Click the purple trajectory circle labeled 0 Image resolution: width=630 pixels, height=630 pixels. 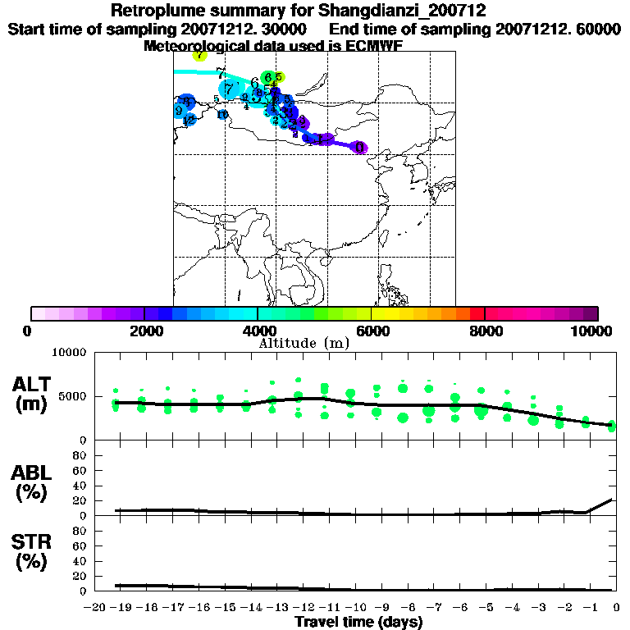359,148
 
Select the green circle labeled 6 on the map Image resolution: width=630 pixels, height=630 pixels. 268,78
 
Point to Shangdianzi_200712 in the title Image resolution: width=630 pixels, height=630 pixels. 409,11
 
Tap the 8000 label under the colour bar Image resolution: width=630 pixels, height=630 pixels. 485,331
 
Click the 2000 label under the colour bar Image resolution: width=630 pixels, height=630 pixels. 144,331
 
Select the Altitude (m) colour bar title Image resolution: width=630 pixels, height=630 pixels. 304,343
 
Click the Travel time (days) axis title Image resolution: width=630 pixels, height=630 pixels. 359,623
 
